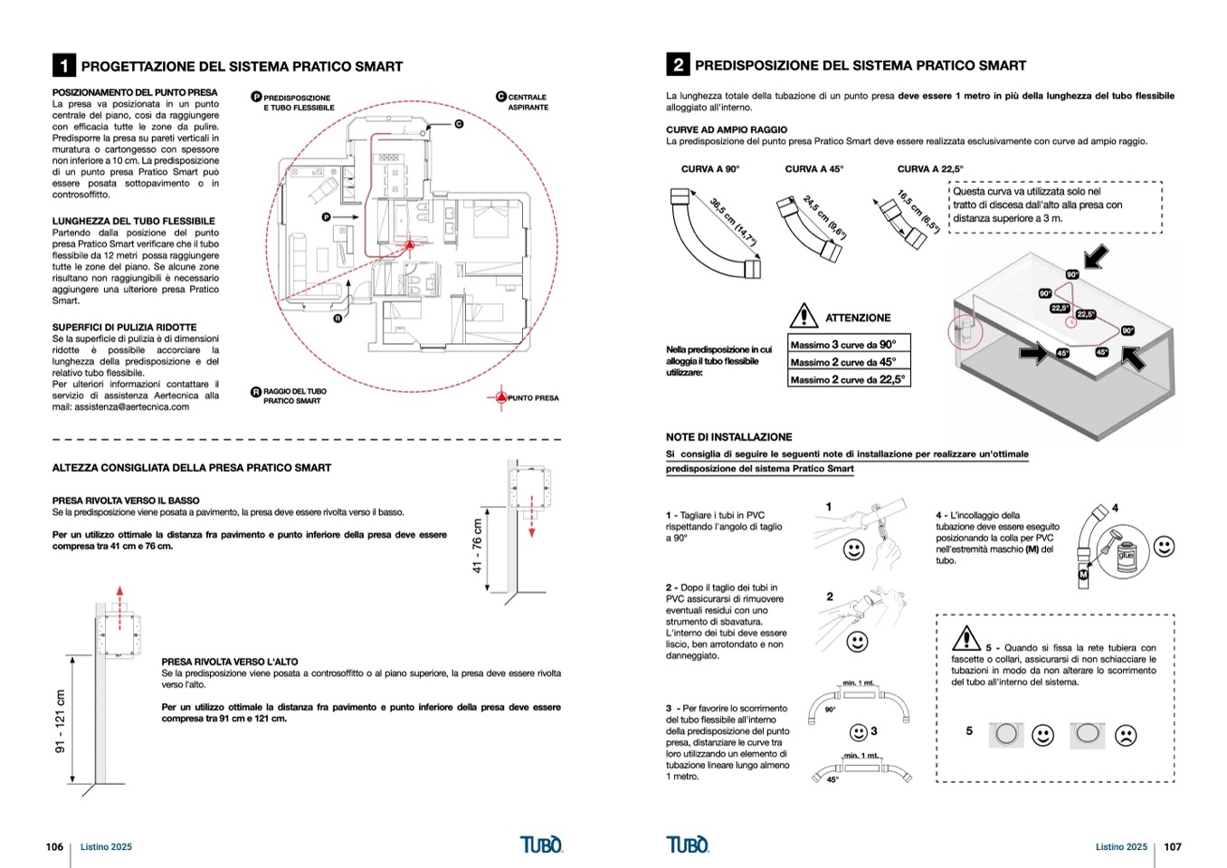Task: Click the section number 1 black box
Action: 63,66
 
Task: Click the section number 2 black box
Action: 677,65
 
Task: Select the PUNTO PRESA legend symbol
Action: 499,397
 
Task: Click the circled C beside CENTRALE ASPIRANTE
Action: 500,97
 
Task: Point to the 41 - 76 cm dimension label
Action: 477,546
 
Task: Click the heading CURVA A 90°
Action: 709,169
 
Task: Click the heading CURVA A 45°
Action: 813,169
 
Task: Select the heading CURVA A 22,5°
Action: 929,169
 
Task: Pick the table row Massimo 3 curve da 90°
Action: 848,344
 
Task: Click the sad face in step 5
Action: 1125,735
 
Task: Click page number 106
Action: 54,847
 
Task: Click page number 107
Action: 1172,847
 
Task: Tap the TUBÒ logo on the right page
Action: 688,845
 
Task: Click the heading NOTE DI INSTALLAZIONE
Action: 728,437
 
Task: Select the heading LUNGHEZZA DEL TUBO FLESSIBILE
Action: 134,221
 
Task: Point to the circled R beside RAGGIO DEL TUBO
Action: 256,393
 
